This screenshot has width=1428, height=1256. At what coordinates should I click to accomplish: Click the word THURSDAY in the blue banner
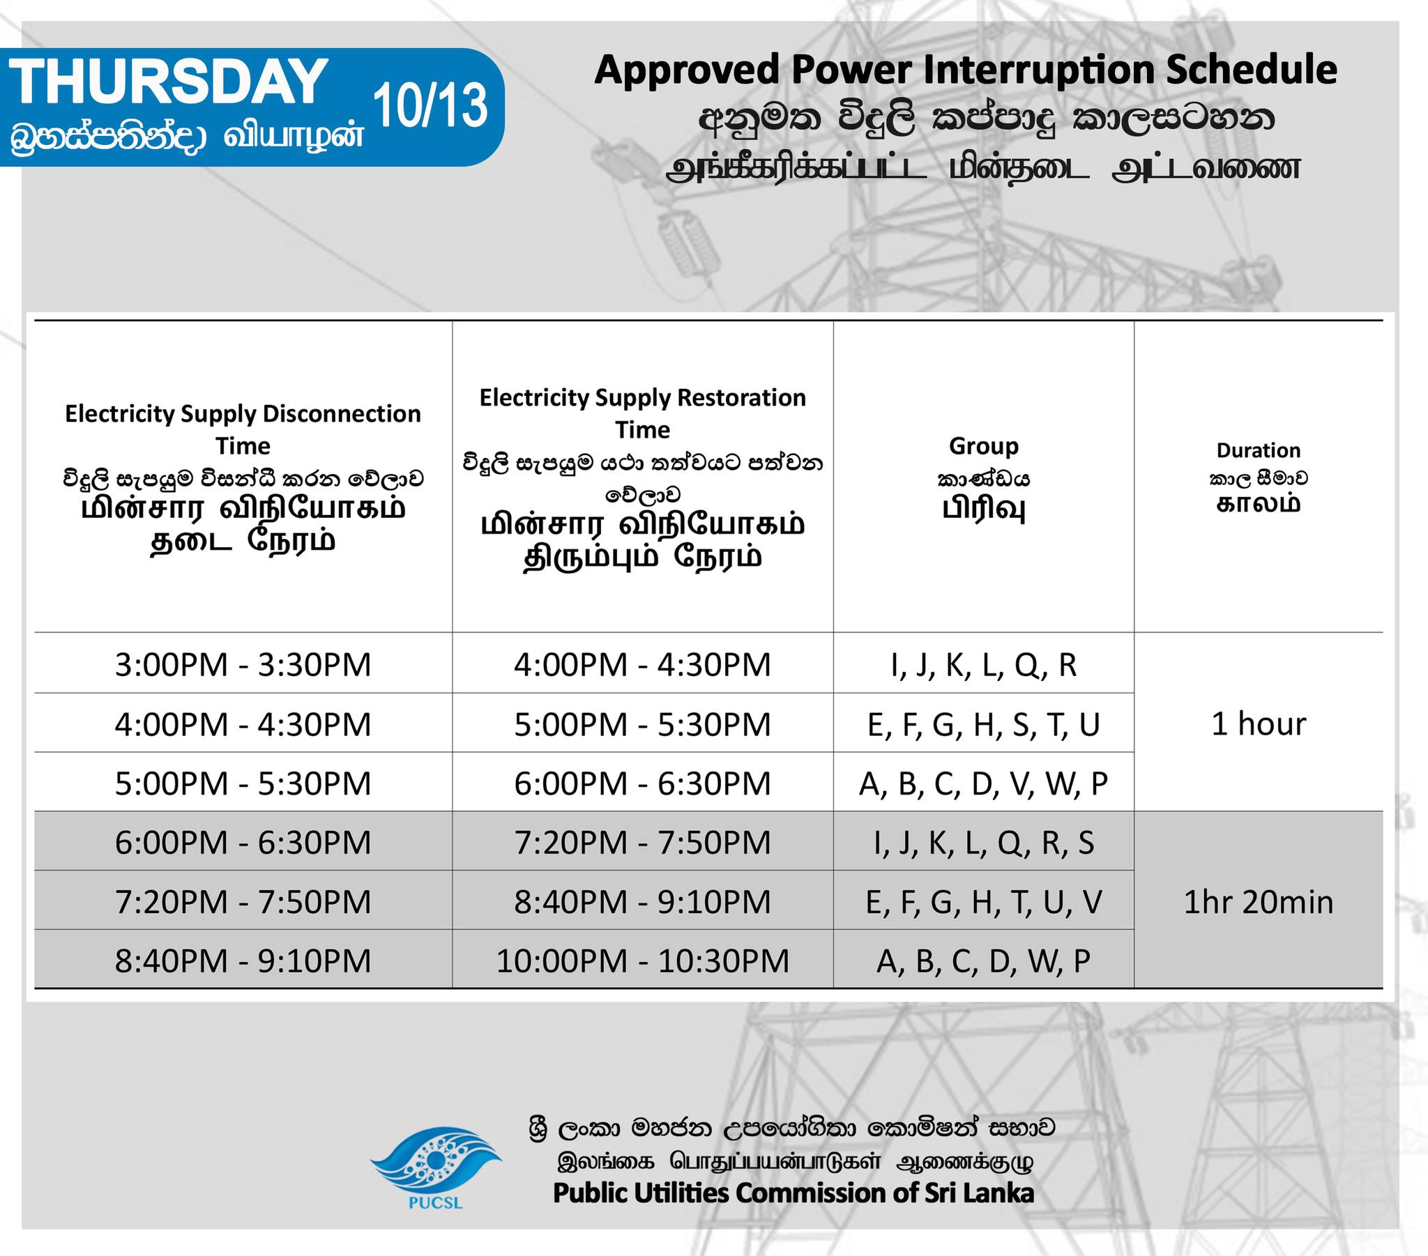[168, 81]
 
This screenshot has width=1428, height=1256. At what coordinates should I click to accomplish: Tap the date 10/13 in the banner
[430, 105]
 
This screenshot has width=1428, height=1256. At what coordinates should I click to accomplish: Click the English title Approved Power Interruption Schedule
[966, 70]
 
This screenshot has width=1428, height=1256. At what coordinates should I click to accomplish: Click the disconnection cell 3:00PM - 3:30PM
[243, 664]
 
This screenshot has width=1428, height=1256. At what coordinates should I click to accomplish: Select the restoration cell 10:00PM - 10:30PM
[643, 961]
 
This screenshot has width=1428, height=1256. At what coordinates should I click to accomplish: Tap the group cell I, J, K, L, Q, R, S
[984, 843]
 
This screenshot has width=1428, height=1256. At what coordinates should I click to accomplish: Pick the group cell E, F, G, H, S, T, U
[984, 724]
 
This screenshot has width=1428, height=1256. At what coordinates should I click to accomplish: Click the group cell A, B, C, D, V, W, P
[984, 783]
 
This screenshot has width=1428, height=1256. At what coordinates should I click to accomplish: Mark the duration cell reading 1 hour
[1259, 723]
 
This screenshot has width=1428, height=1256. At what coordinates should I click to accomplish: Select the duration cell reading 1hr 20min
[1259, 903]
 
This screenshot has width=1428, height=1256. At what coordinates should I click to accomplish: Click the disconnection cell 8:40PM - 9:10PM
[243, 961]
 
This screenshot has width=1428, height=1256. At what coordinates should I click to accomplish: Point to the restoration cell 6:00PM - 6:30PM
[643, 783]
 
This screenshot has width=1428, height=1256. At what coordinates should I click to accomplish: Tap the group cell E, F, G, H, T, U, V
[984, 903]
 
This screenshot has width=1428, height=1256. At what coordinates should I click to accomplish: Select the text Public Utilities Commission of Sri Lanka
[793, 1193]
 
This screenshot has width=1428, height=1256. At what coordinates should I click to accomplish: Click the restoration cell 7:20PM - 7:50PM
[643, 843]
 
